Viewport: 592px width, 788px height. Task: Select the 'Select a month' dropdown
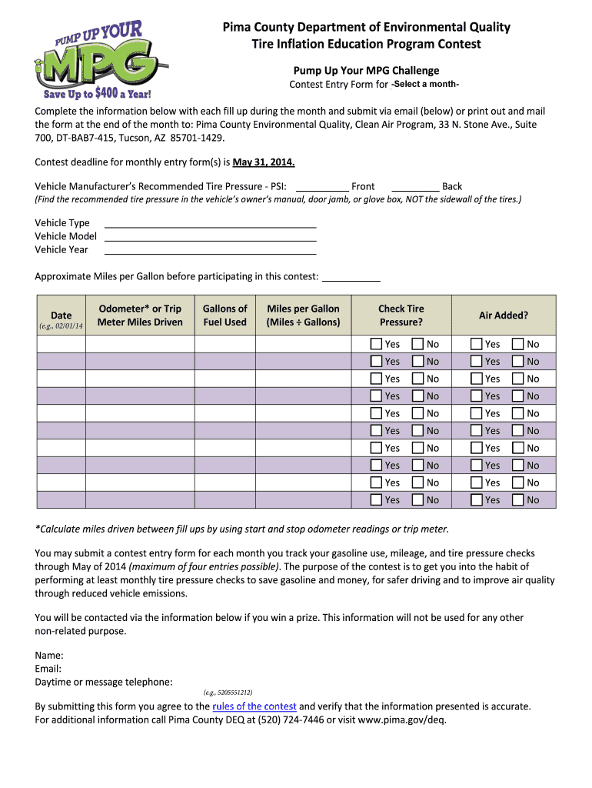pyautogui.click(x=426, y=84)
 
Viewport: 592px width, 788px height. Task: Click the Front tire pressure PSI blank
pyautogui.click(x=321, y=185)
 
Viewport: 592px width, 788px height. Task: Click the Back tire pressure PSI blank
pyautogui.click(x=415, y=185)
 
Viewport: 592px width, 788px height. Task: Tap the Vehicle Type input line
pyautogui.click(x=210, y=222)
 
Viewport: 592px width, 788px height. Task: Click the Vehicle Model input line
pyautogui.click(x=210, y=235)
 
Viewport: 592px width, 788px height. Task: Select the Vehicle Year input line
pyautogui.click(x=210, y=249)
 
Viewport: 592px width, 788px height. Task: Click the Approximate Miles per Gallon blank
pyautogui.click(x=351, y=276)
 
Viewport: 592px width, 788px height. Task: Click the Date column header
pyautogui.click(x=61, y=315)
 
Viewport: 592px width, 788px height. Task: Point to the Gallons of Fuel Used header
pyautogui.click(x=224, y=315)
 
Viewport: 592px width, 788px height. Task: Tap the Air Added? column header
pyautogui.click(x=504, y=315)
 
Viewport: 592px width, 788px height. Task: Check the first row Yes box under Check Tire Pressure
pyautogui.click(x=376, y=344)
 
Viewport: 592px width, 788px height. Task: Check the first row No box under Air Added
pyautogui.click(x=518, y=344)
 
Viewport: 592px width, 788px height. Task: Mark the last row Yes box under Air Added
pyautogui.click(x=477, y=499)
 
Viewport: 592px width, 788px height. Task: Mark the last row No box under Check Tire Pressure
pyautogui.click(x=417, y=499)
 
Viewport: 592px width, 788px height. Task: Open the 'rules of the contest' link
pyautogui.click(x=254, y=706)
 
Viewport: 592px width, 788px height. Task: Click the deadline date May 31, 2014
pyautogui.click(x=264, y=162)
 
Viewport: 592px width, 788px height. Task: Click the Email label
pyautogui.click(x=48, y=668)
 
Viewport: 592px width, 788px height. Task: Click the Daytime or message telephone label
pyautogui.click(x=104, y=681)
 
